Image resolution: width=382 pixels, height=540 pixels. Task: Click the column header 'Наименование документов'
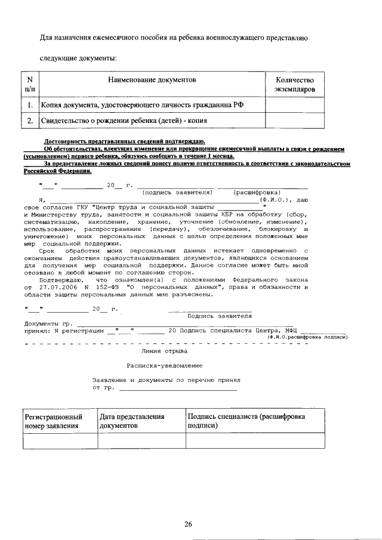152,79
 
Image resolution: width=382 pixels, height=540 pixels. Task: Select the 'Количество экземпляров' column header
294,85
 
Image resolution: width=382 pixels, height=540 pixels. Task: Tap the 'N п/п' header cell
30,85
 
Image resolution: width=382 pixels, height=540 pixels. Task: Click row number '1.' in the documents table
30,105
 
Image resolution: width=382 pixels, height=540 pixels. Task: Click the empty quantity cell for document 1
294,105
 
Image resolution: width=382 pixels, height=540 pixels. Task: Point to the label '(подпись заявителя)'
177,193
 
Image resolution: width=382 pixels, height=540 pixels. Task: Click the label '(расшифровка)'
257,193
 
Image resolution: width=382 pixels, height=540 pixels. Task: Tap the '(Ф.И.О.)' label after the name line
275,200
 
